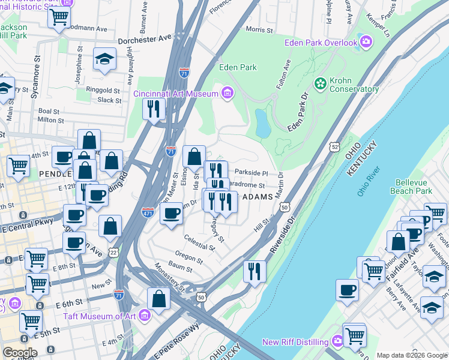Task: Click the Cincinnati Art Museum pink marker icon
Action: coord(227,94)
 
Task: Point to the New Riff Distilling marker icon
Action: coord(337,341)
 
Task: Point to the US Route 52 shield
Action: coord(334,146)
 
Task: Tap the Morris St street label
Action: coord(259,29)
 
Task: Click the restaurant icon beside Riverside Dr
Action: coord(255,271)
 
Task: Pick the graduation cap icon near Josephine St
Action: coord(105,59)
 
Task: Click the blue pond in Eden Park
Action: coord(262,124)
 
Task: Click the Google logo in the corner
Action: coord(20,353)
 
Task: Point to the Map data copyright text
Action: coord(411,355)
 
